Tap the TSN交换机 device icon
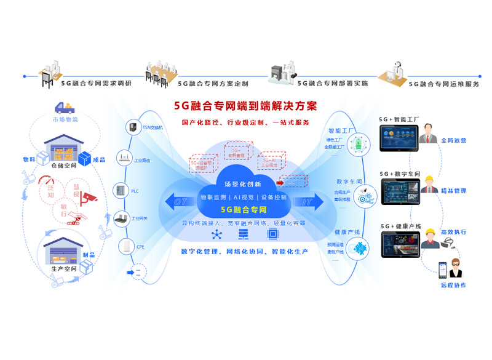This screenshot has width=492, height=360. (x=132, y=127)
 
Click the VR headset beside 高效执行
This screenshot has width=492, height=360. (x=447, y=243)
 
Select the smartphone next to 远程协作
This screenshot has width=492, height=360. (x=442, y=270)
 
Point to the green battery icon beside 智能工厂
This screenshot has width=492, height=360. (x=357, y=145)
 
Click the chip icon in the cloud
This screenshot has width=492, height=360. (x=271, y=234)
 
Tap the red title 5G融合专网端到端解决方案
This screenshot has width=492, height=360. (x=245, y=106)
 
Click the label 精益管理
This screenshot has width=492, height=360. (x=453, y=191)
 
